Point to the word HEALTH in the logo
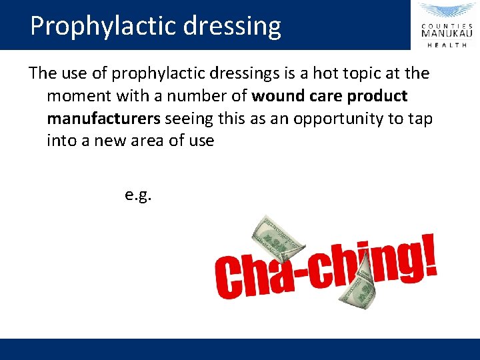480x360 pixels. pos(447,45)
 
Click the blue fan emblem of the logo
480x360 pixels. pos(447,11)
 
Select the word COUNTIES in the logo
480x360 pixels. pos(447,23)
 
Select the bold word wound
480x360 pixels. pos(278,96)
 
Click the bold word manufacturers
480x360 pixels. pos(103,119)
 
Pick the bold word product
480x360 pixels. pos(376,96)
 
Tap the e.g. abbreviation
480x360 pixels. pos(138,195)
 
